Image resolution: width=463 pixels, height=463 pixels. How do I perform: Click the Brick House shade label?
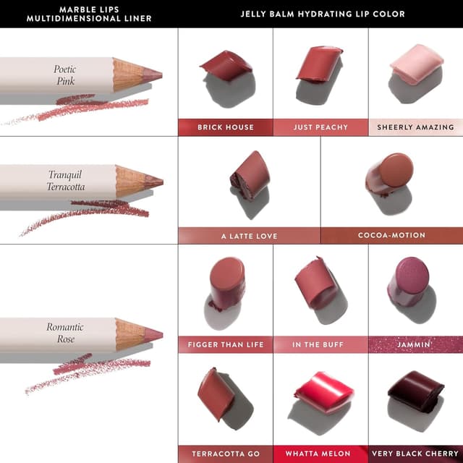pos(226,127)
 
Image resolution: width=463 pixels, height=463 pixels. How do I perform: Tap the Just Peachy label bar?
pos(320,127)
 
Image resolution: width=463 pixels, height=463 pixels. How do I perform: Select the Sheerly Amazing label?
pos(415,127)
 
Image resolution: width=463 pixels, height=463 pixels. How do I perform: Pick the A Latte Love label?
pos(249,236)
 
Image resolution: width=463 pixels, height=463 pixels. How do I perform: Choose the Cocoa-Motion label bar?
pos(391,236)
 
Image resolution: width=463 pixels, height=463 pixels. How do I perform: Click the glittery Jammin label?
pos(415,344)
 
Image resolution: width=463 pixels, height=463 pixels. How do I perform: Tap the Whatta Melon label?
pos(320,454)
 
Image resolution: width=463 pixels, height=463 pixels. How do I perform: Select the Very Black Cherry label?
pos(415,454)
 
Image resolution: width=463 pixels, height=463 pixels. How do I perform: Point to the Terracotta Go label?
pos(226,454)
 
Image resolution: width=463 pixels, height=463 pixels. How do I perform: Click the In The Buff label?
pos(320,344)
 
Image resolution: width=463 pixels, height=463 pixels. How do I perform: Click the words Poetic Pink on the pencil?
pos(65,75)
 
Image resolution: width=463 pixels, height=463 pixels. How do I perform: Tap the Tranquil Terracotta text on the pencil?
pos(67,181)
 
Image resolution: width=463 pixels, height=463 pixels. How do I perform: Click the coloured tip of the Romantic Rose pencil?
pos(154,334)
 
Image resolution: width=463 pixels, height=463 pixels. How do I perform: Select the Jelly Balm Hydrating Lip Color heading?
pos(323,14)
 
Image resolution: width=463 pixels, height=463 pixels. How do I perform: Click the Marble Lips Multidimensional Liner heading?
pos(88,14)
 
